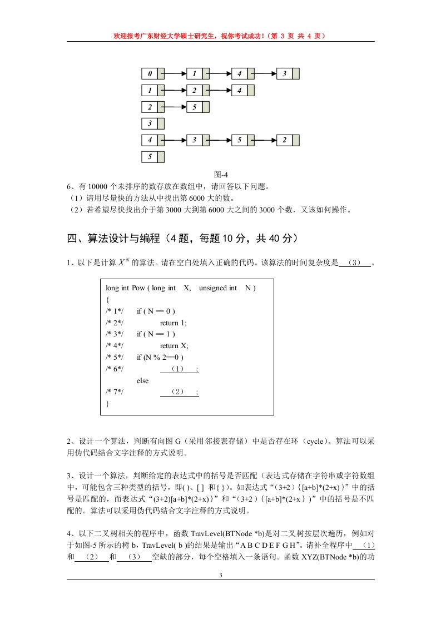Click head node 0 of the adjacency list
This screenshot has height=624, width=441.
coord(150,73)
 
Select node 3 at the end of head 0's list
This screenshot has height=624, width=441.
coord(285,73)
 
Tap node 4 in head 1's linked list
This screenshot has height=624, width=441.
coord(240,90)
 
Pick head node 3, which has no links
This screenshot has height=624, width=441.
coord(150,123)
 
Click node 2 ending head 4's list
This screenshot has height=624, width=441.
coord(285,140)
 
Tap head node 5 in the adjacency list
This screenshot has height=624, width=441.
coord(150,157)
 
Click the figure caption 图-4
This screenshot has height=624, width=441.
coord(221,176)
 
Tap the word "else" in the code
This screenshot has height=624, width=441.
coord(143,381)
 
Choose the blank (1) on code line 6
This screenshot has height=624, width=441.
coord(177,369)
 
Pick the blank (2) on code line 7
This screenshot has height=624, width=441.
coord(177,393)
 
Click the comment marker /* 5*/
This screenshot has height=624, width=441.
coord(115,358)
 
